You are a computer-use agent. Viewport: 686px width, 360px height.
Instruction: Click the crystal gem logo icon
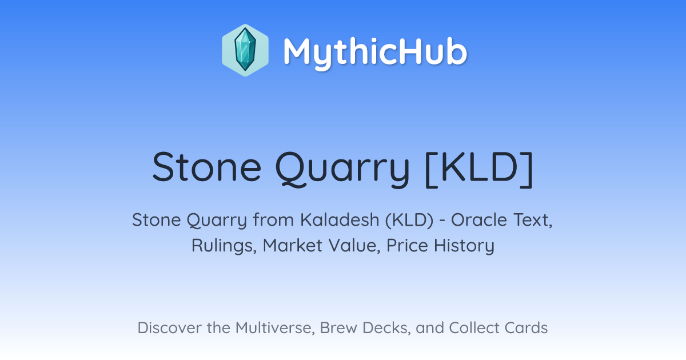[245, 50]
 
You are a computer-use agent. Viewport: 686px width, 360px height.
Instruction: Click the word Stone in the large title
[207, 167]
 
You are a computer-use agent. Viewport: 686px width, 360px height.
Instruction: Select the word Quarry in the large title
[342, 169]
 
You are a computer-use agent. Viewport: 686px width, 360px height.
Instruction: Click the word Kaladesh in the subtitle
[340, 219]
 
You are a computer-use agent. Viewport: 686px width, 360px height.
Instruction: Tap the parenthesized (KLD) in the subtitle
[409, 220]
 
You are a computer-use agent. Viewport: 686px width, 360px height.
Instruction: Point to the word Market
[293, 245]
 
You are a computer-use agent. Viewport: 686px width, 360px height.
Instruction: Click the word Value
[354, 246]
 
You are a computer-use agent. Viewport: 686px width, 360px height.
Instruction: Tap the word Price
[407, 245]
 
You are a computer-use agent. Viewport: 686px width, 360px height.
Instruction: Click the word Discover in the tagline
[169, 327]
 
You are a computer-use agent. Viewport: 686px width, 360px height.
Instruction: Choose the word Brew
[338, 327]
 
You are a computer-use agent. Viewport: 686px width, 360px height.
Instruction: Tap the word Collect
[474, 327]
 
